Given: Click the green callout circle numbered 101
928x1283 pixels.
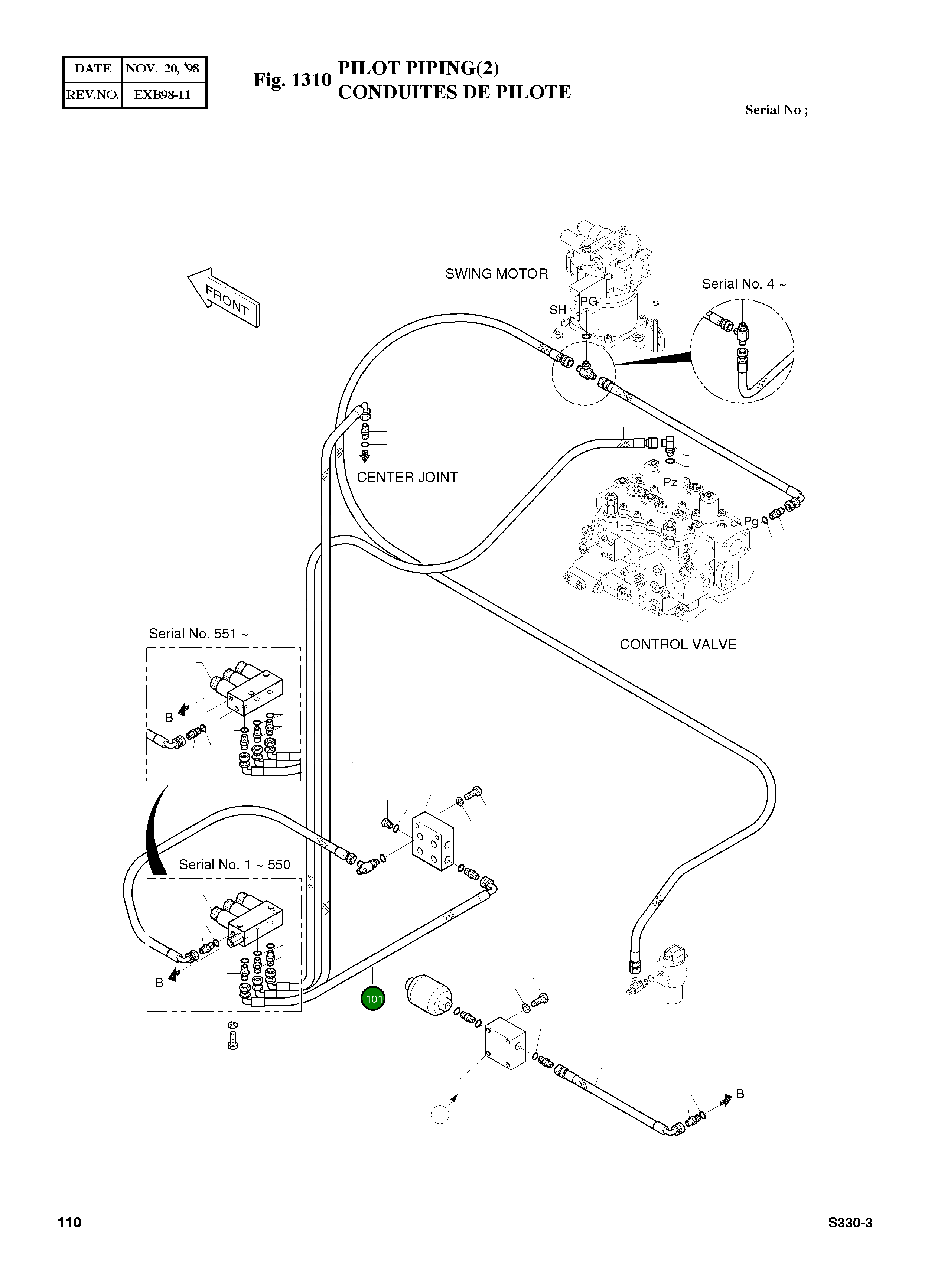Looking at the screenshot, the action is (x=373, y=999).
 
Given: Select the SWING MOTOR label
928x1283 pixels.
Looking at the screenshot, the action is (x=496, y=274).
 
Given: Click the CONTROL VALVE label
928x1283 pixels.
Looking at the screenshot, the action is (x=678, y=644).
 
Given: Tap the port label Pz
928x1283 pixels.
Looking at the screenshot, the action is (x=670, y=482).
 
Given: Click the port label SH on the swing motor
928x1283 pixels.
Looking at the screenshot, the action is (x=558, y=310).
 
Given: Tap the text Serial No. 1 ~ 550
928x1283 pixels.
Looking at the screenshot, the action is (x=234, y=864).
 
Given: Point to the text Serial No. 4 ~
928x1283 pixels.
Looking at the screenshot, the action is (x=743, y=284).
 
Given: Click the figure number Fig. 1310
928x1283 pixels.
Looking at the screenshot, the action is (x=292, y=80).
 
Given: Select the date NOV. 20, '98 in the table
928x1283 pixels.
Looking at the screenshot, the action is (x=162, y=68).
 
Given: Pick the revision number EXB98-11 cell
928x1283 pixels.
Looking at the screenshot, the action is (x=162, y=94).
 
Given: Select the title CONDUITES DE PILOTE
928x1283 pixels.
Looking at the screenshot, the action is (x=455, y=92).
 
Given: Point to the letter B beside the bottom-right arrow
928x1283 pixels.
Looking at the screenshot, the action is (x=740, y=1094).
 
